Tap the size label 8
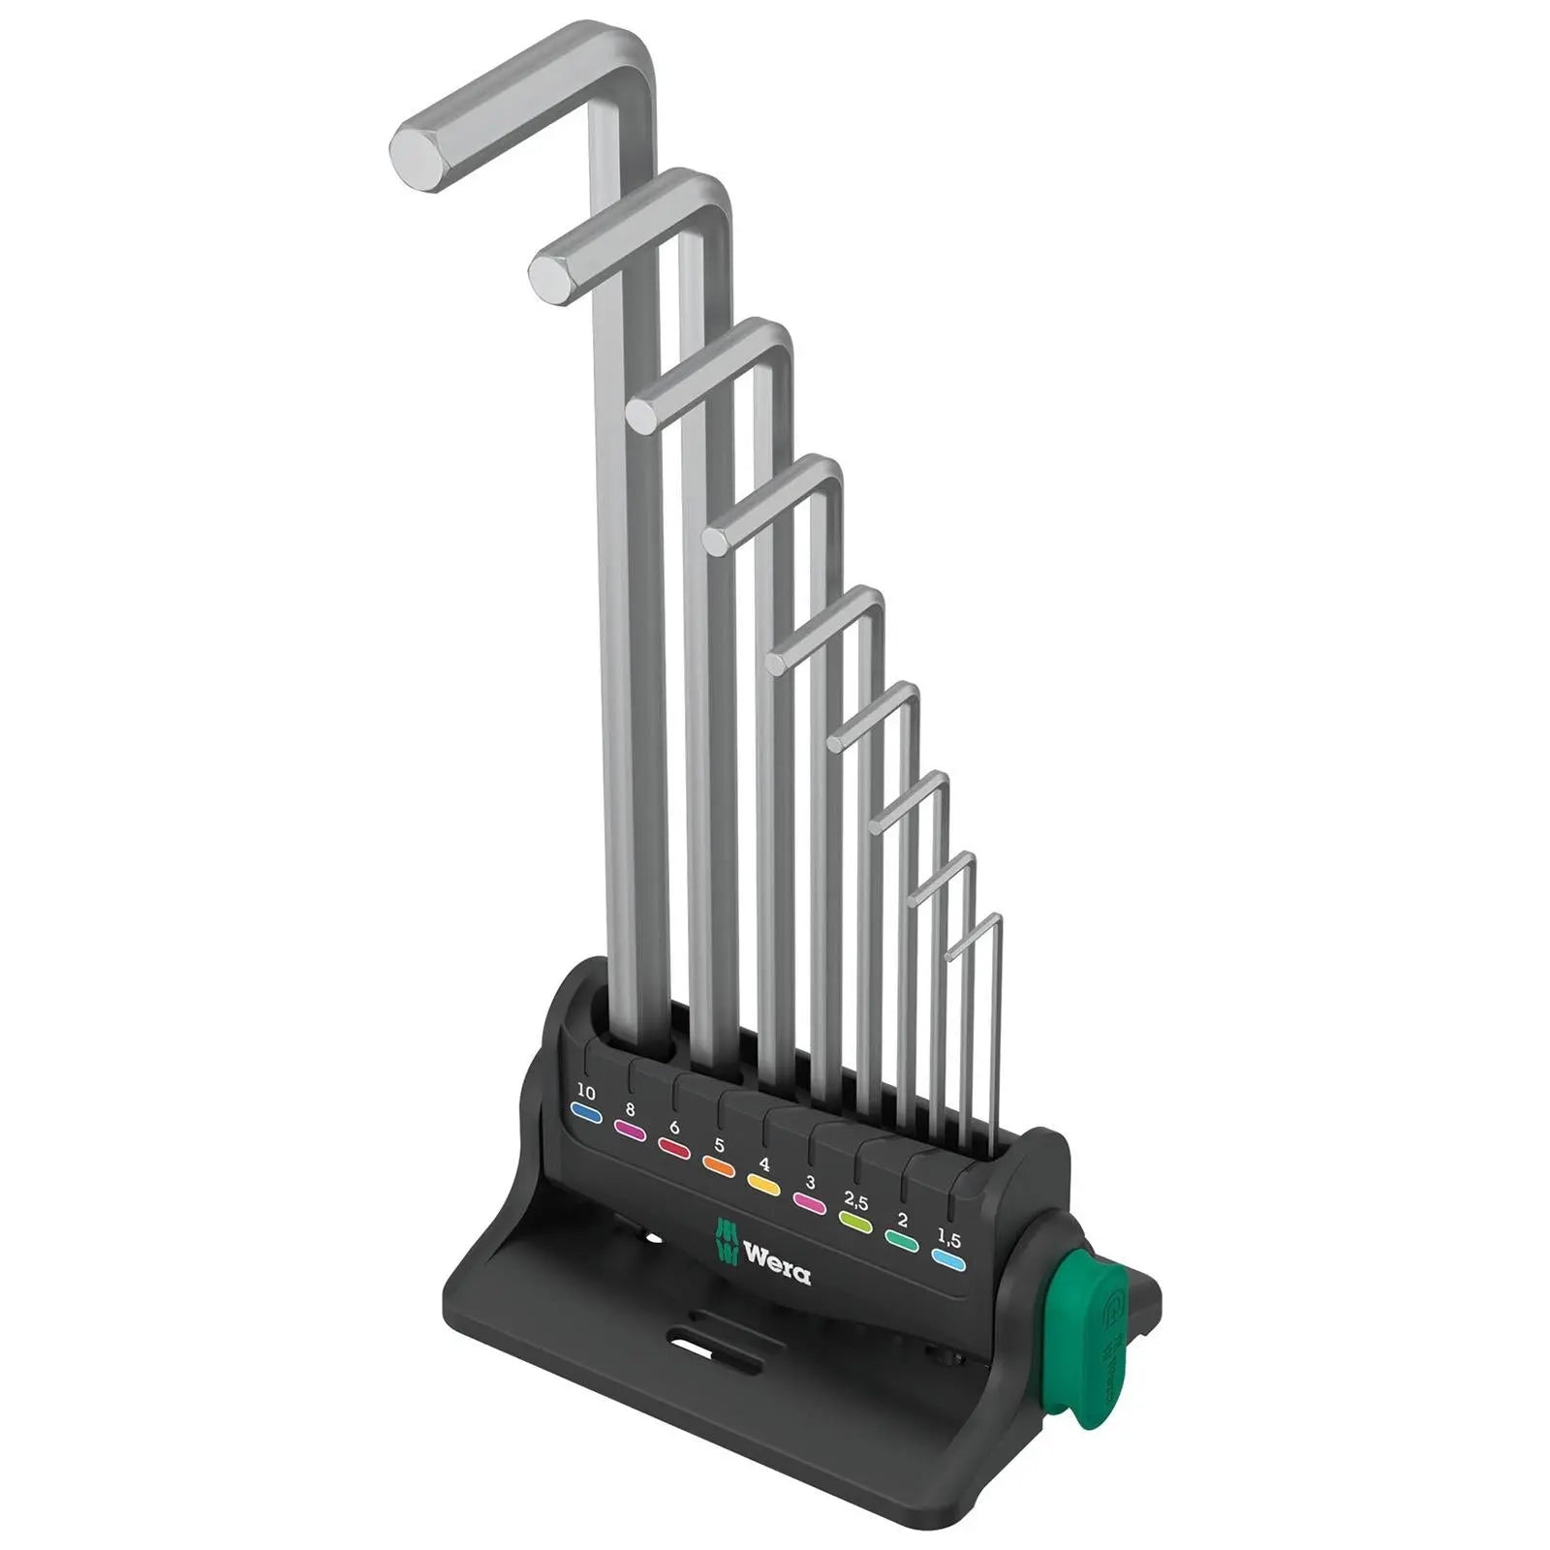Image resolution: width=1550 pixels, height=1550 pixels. [630, 1110]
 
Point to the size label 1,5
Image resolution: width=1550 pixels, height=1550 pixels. [949, 1238]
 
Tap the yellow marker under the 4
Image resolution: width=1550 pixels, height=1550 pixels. [763, 1184]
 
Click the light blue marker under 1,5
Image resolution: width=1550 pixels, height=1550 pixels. [948, 1260]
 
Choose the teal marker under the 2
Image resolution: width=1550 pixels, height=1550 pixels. [903, 1241]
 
